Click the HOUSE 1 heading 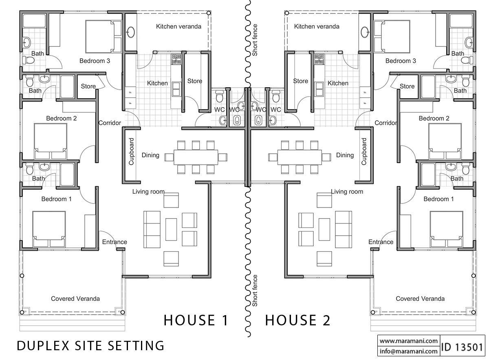pyautogui.click(x=196, y=320)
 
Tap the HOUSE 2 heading pyautogui.click(x=298, y=320)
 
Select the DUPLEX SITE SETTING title pyautogui.click(x=90, y=346)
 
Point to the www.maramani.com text pyautogui.click(x=408, y=341)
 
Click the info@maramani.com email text pyautogui.click(x=408, y=351)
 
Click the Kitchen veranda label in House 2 pyautogui.click(x=317, y=27)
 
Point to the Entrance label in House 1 pyautogui.click(x=115, y=242)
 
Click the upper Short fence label pyautogui.click(x=255, y=40)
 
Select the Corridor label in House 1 pyautogui.click(x=110, y=123)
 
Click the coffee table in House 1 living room pyautogui.click(x=171, y=229)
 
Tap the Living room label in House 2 pyautogui.click(x=347, y=192)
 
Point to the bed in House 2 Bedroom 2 pyautogui.click(x=445, y=141)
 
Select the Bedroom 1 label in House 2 pyautogui.click(x=438, y=199)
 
